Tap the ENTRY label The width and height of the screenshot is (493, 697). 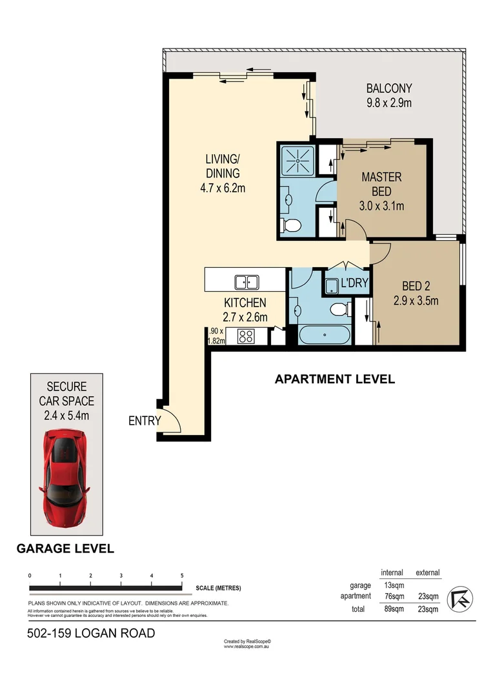click(144, 421)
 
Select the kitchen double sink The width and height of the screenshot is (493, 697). click(246, 282)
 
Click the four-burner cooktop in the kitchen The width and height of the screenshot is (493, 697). click(246, 336)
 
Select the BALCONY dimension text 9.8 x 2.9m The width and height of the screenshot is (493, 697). click(388, 102)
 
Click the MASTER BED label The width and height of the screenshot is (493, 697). click(381, 184)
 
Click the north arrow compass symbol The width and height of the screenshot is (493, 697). click(461, 599)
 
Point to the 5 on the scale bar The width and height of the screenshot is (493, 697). click(182, 576)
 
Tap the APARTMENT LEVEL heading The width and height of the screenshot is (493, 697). click(334, 379)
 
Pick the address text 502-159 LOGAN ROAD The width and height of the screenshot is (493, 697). click(91, 633)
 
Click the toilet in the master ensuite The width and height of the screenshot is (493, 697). click(291, 226)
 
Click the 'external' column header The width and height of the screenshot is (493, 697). click(427, 572)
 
